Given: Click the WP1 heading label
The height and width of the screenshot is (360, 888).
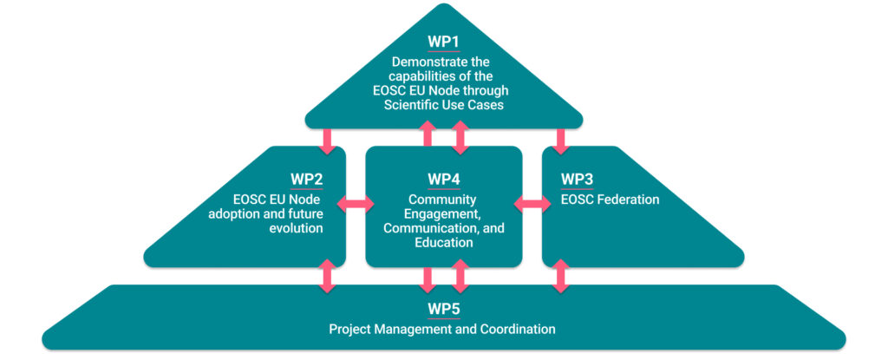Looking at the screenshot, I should [x=443, y=43].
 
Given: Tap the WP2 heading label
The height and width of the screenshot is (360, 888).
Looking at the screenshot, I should [x=307, y=180].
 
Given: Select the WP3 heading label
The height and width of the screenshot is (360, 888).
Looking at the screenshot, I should [x=578, y=180].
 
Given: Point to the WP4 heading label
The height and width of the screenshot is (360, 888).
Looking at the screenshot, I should [x=444, y=180].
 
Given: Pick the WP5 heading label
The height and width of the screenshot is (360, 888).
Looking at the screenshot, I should [x=443, y=310].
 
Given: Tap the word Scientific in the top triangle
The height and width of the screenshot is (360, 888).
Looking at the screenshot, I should [x=417, y=104].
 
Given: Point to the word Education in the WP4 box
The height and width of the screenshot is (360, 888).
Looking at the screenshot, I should [x=444, y=243].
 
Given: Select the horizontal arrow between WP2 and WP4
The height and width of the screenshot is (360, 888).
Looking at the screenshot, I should [x=355, y=205].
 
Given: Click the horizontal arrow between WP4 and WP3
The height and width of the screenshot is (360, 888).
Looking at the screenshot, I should [x=532, y=205].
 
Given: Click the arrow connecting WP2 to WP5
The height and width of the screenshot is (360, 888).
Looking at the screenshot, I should [x=328, y=276].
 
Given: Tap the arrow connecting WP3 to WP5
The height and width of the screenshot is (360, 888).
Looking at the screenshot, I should [x=561, y=276].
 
